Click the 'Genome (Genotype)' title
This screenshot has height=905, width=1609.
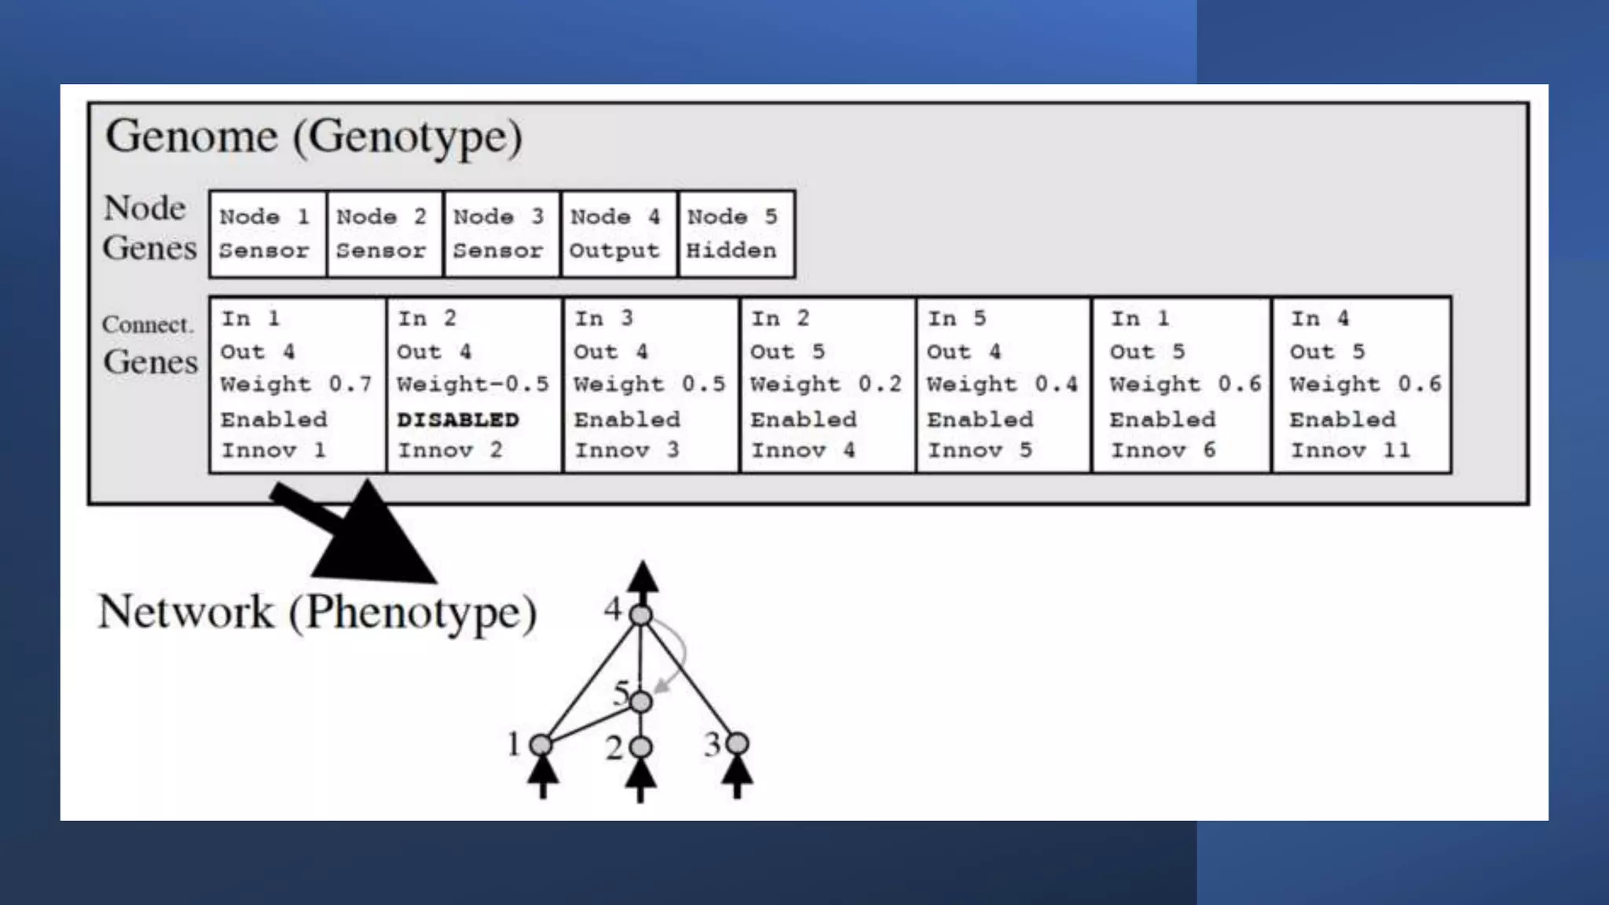(313, 137)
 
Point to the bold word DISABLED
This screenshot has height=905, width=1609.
(457, 420)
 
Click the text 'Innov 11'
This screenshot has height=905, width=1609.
(1350, 450)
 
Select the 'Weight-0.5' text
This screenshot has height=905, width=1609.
(472, 384)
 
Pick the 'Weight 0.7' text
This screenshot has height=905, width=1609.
(295, 384)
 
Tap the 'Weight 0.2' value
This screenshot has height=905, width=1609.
(826, 384)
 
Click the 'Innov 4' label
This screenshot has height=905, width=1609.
(802, 450)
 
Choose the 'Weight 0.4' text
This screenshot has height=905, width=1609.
(1002, 384)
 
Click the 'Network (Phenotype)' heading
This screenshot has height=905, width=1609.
(317, 612)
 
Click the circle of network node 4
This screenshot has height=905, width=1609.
(641, 615)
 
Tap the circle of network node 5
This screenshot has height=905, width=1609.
(641, 702)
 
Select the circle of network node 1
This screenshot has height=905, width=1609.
(541, 745)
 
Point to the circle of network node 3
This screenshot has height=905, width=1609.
(737, 743)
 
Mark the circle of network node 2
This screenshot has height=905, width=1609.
(641, 747)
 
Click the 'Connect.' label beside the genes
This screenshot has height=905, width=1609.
(147, 324)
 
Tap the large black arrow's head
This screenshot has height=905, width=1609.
(377, 542)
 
